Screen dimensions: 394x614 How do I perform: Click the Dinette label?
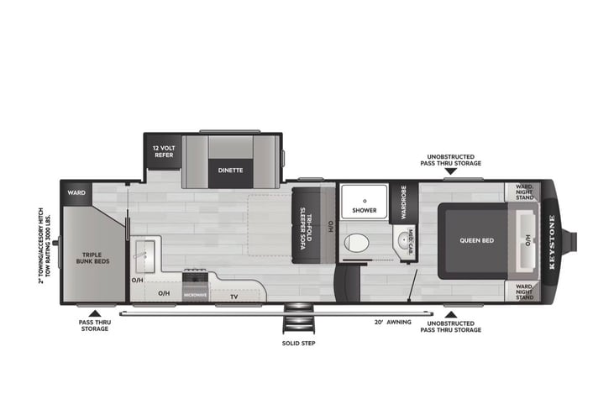coord(230,171)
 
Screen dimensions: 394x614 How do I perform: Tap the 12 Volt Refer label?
coord(163,151)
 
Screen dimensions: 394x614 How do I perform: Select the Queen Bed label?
coord(475,239)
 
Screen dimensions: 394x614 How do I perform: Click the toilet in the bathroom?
coord(356,244)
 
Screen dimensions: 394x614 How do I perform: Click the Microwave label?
coord(195,295)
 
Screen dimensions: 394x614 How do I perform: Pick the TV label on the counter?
coord(234,296)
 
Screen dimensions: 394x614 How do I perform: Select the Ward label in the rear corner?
coord(76,193)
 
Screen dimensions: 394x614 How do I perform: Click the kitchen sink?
coord(143,254)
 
